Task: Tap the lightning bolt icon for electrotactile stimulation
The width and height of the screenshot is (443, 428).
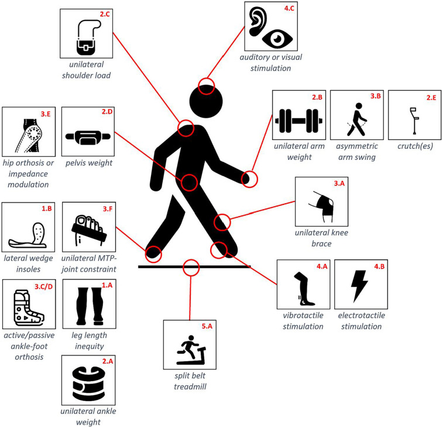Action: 359,288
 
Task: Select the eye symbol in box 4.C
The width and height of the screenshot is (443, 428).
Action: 277,39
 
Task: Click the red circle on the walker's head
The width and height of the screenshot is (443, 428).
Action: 205,85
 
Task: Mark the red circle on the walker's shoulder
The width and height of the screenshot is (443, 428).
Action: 186,128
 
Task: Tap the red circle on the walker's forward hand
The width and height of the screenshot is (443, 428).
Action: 250,179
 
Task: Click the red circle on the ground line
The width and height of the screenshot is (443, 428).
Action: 191,267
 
